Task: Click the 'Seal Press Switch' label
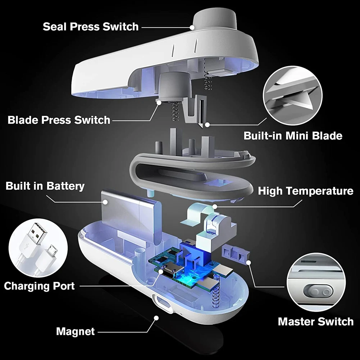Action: click(x=90, y=27)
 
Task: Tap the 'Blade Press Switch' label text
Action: click(x=59, y=120)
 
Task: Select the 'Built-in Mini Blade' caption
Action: click(x=293, y=136)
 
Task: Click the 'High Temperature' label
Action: click(x=305, y=191)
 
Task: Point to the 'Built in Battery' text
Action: click(x=45, y=186)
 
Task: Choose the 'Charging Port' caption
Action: click(x=39, y=286)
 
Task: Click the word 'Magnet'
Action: click(x=75, y=331)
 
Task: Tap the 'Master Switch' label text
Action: click(x=315, y=321)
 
